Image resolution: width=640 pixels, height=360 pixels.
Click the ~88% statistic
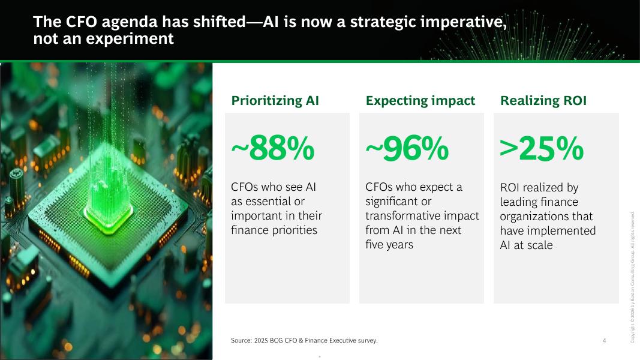click(x=273, y=148)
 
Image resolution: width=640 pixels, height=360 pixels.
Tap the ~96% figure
click(x=407, y=148)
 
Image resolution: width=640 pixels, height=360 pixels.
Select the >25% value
click(x=542, y=148)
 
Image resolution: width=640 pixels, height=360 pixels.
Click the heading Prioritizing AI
click(x=275, y=100)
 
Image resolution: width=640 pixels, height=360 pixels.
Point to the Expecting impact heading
click(x=420, y=100)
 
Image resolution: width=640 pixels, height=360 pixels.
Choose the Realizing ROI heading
click(x=543, y=100)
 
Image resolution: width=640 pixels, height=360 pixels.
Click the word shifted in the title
click(x=219, y=22)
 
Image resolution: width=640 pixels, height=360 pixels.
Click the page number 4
click(x=604, y=340)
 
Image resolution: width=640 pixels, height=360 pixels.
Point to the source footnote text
click(x=304, y=340)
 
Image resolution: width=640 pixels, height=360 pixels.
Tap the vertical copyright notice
click(x=632, y=278)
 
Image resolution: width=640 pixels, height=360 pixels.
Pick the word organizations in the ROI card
click(x=546, y=217)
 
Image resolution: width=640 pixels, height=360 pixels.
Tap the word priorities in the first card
click(x=295, y=230)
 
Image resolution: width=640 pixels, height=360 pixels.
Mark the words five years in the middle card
click(x=389, y=244)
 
